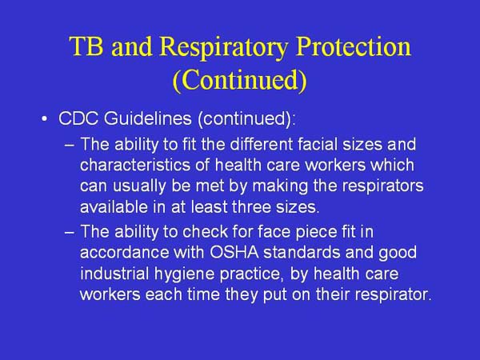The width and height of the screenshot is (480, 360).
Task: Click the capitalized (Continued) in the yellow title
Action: coord(240,81)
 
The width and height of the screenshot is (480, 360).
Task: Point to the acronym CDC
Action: coord(78,119)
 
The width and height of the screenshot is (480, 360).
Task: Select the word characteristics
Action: coord(131,166)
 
